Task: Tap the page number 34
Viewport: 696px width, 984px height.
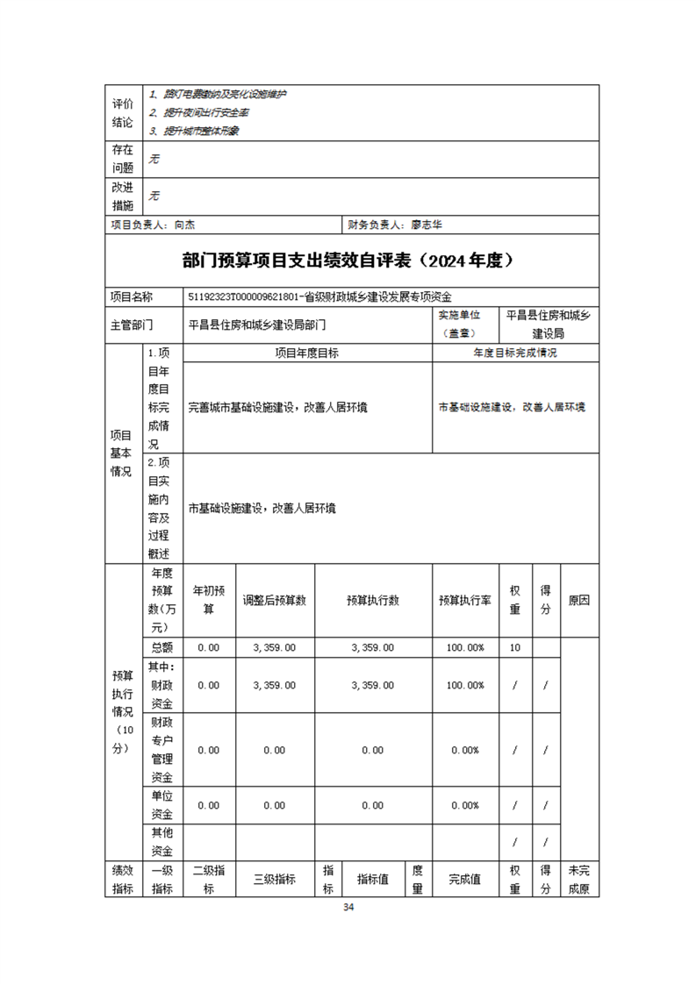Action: click(x=348, y=907)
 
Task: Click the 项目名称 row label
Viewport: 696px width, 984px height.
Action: click(x=132, y=297)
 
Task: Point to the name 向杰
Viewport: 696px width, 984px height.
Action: click(x=184, y=225)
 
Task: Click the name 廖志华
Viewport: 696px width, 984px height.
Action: click(x=427, y=225)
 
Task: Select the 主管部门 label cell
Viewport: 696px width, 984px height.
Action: click(x=132, y=324)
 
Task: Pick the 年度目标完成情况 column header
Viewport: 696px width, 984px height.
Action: click(x=515, y=353)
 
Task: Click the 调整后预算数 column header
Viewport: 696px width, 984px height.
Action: click(x=274, y=601)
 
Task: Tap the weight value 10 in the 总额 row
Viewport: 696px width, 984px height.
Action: click(x=514, y=647)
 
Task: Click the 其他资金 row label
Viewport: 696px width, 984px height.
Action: click(x=162, y=841)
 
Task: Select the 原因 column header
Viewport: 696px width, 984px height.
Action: click(x=579, y=601)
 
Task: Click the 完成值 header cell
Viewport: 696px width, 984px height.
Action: click(x=465, y=879)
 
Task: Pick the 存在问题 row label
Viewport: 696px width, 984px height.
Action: click(x=122, y=158)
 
